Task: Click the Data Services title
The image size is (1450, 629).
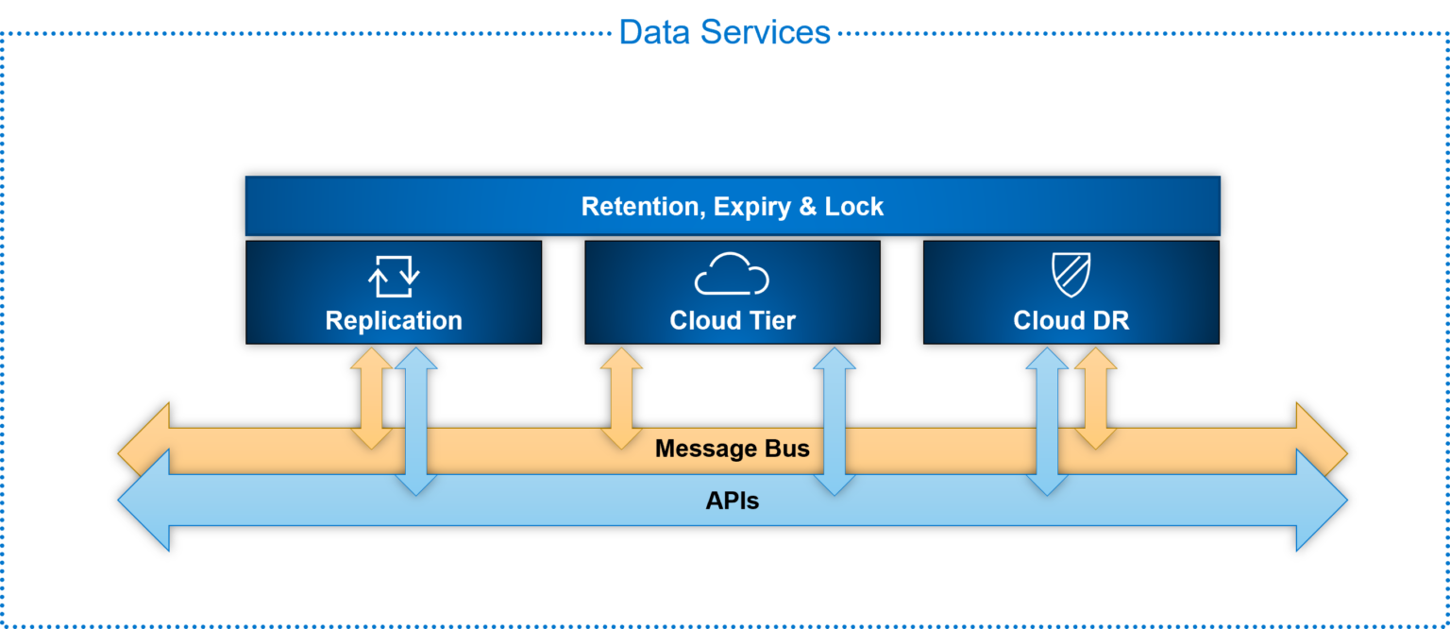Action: pyautogui.click(x=724, y=31)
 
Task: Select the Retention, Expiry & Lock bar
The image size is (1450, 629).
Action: pyautogui.click(x=732, y=206)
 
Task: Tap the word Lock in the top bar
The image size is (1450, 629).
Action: pyautogui.click(x=853, y=206)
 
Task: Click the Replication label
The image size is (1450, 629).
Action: pyautogui.click(x=394, y=321)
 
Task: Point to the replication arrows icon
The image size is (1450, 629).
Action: pyautogui.click(x=393, y=275)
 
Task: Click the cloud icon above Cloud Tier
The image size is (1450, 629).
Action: pyautogui.click(x=732, y=275)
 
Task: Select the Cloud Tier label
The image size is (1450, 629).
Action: pyautogui.click(x=732, y=321)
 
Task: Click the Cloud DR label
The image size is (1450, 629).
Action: pyautogui.click(x=1071, y=321)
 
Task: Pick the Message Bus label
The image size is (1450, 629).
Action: pyautogui.click(x=732, y=449)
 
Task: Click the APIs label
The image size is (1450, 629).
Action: pyautogui.click(x=732, y=501)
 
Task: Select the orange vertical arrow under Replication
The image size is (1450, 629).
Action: pyautogui.click(x=372, y=397)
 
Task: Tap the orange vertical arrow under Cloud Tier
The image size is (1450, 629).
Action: pyautogui.click(x=621, y=397)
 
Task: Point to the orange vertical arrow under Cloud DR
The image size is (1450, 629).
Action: pyautogui.click(x=1095, y=397)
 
